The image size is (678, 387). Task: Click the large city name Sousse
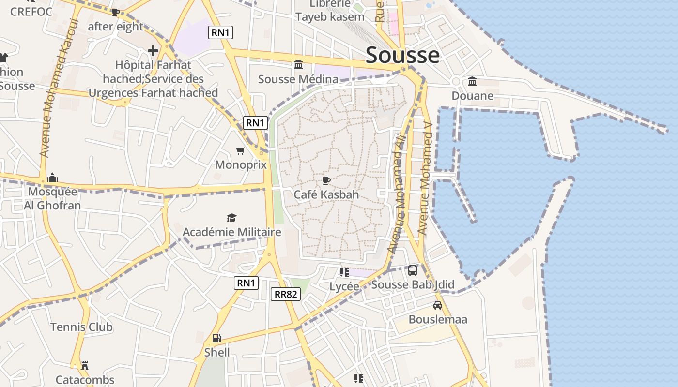point(402,55)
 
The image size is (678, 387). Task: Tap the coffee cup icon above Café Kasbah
point(326,181)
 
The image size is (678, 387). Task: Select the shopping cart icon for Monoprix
point(240,151)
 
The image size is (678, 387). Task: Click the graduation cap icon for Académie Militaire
point(231,218)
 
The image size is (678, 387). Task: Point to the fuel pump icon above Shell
point(217,338)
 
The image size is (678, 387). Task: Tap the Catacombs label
point(85,380)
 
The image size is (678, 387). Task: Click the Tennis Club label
point(81,327)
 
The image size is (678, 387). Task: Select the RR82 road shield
point(286,294)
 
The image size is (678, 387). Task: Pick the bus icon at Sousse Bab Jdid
point(413,270)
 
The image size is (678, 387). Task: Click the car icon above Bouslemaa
point(438,305)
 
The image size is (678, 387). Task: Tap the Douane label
point(472,96)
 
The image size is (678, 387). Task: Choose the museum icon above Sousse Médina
point(298,65)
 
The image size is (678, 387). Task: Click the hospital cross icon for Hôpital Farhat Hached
point(153,51)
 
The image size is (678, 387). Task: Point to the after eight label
point(116,27)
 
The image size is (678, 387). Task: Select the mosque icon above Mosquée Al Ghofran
point(52,178)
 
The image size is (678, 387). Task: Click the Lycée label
point(344,286)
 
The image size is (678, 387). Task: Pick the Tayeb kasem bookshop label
point(330,17)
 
